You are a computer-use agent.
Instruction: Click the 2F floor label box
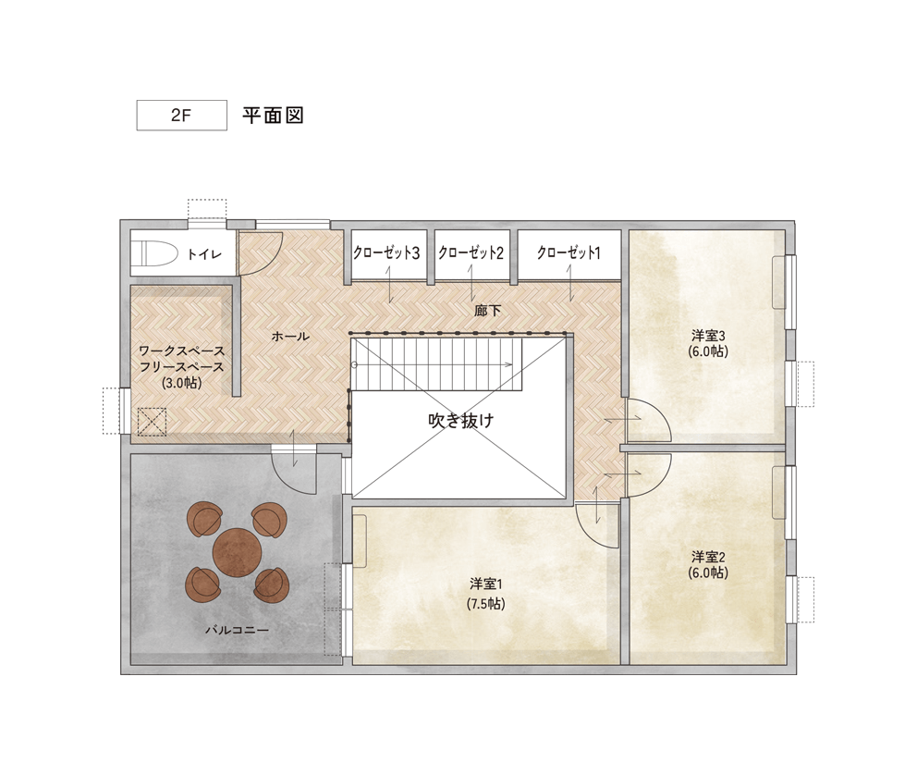(x=181, y=116)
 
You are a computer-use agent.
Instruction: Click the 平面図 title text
(x=273, y=116)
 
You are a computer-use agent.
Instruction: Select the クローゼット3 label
(x=386, y=252)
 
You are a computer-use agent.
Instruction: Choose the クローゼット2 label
(x=471, y=252)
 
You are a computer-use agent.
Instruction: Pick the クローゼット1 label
(x=569, y=252)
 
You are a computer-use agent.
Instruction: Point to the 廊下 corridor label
(x=488, y=310)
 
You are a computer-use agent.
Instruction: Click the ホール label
(x=290, y=337)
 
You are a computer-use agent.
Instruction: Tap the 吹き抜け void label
(x=461, y=421)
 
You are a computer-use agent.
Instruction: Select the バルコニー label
(x=237, y=630)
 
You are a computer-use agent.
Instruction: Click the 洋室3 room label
(x=708, y=336)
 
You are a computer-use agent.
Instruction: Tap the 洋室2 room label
(x=708, y=556)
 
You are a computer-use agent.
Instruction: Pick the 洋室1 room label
(x=486, y=584)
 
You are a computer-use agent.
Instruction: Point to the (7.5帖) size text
(x=486, y=603)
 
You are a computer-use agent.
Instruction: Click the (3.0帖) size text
(x=182, y=383)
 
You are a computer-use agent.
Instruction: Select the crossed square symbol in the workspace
(x=152, y=422)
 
